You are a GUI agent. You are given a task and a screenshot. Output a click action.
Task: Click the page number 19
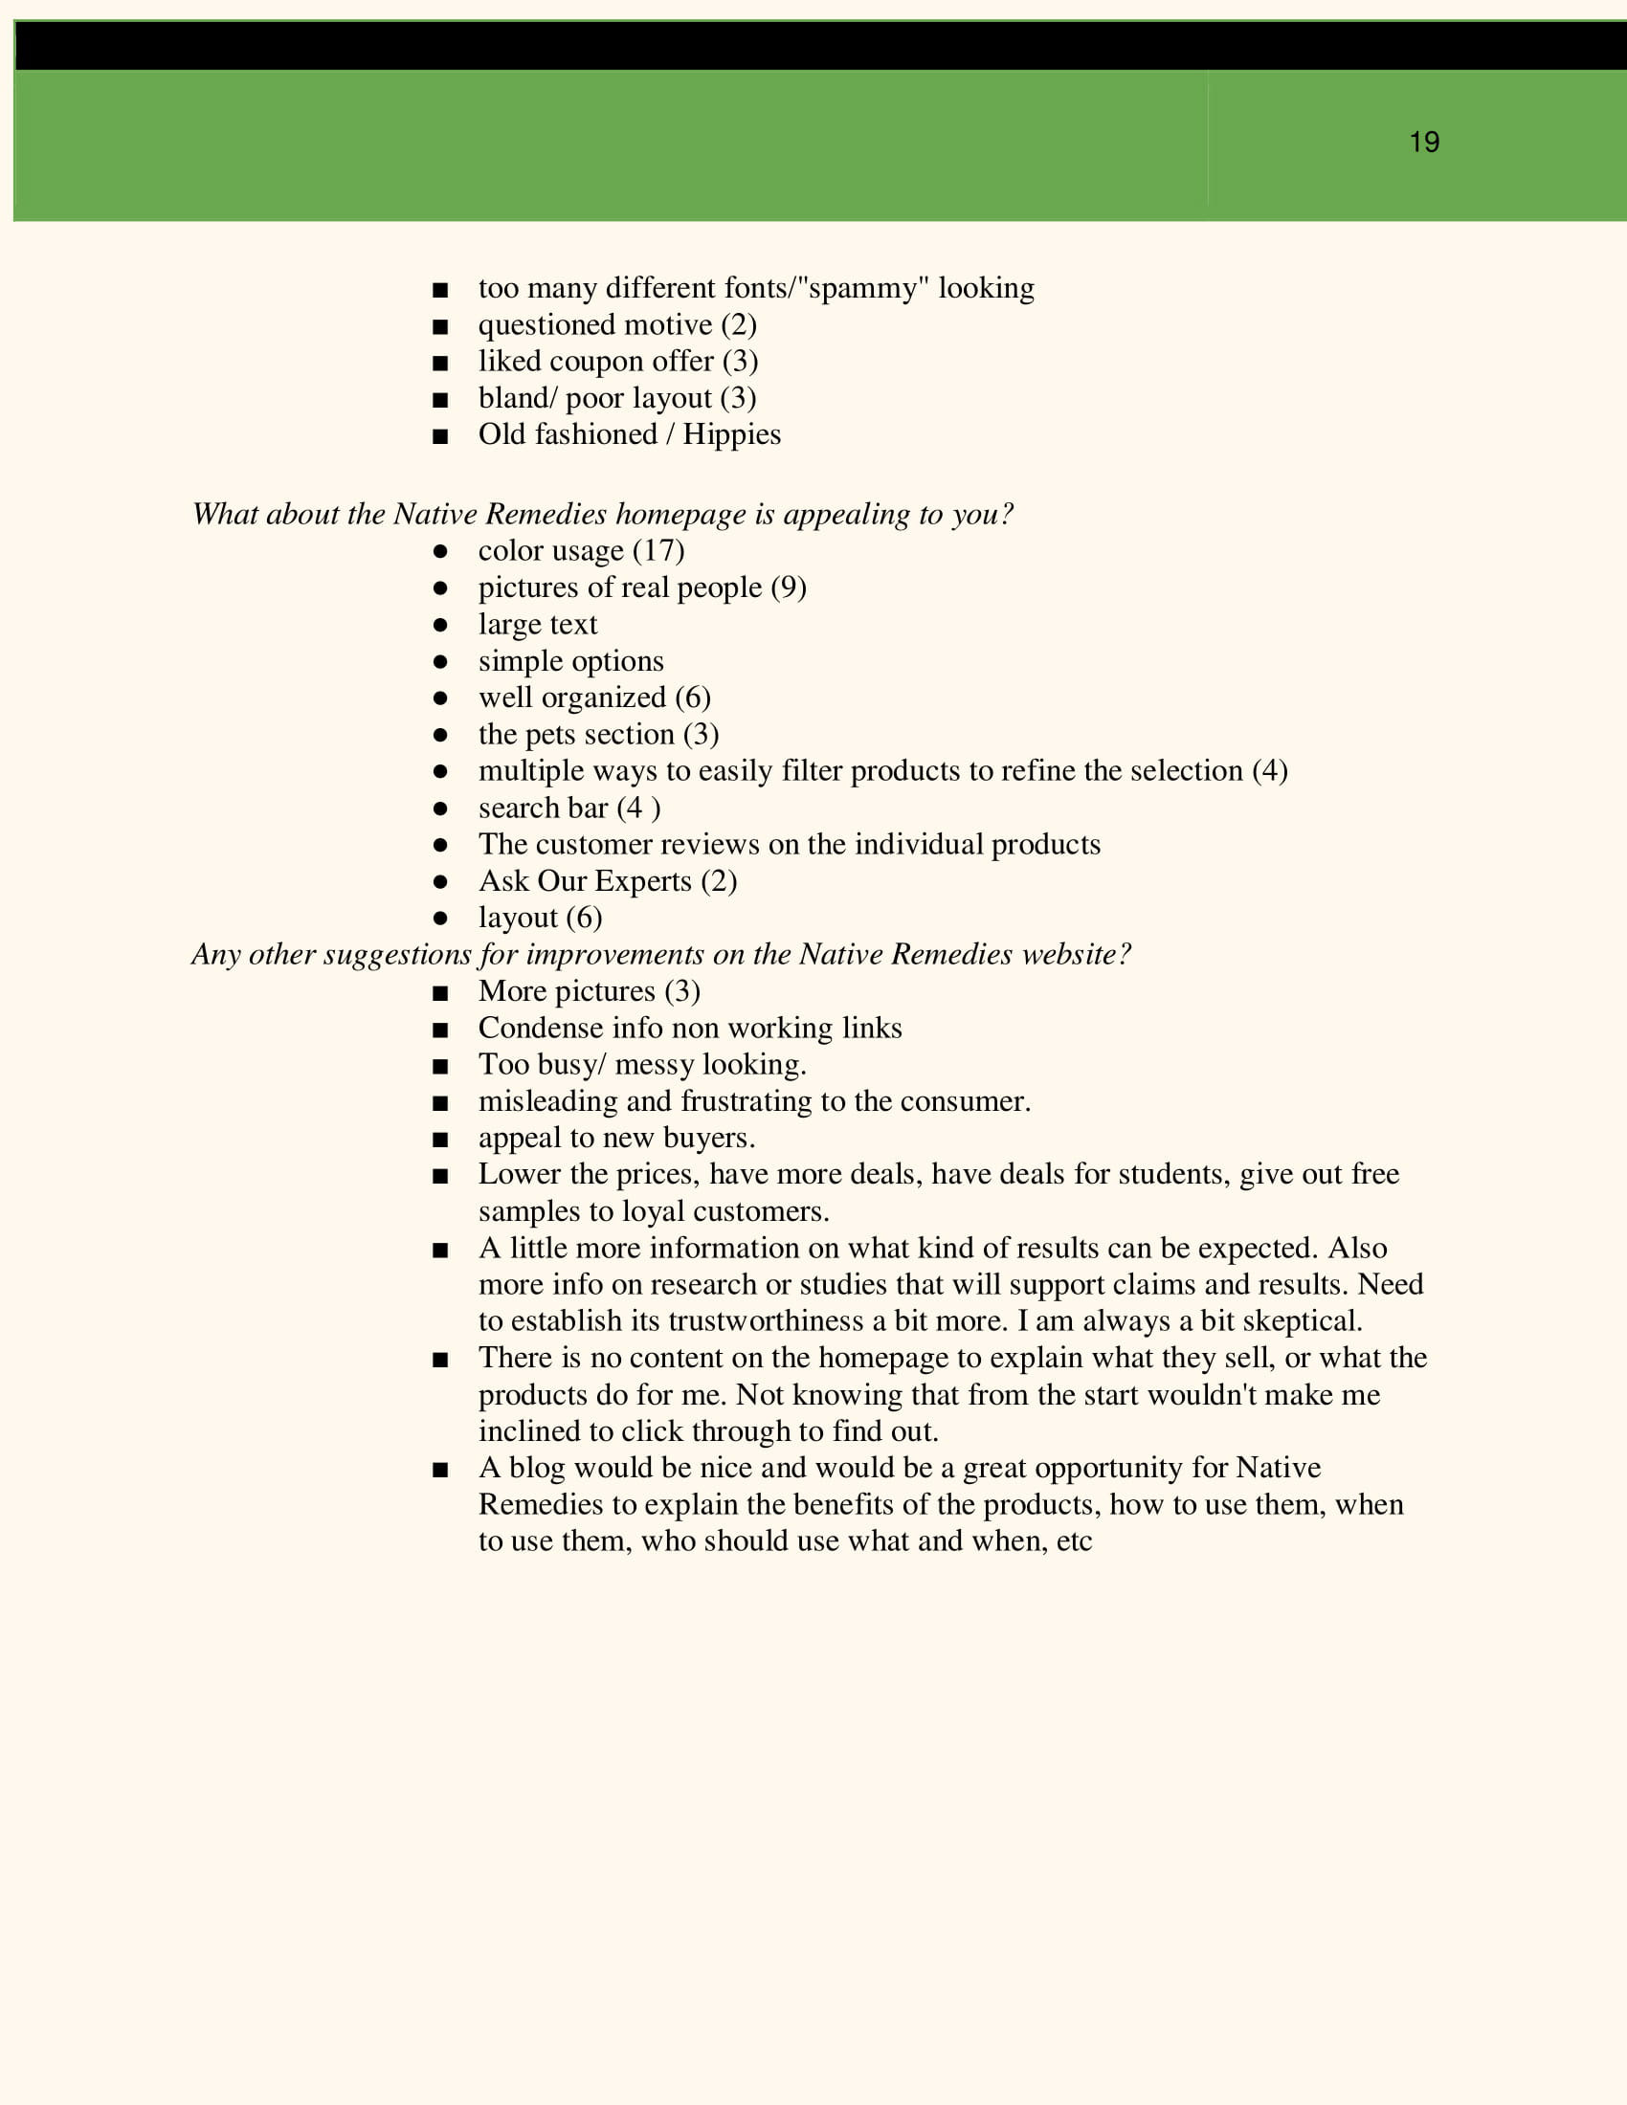point(1424,143)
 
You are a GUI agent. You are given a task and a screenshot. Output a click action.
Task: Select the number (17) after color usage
point(658,550)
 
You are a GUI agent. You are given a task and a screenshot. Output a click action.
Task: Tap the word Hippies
point(731,434)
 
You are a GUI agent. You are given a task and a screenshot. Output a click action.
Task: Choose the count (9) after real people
point(789,587)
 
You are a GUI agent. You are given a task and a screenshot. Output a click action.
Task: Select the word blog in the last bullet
point(536,1468)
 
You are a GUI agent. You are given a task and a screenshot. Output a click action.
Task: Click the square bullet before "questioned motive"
point(440,325)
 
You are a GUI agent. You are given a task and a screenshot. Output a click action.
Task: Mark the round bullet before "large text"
point(440,625)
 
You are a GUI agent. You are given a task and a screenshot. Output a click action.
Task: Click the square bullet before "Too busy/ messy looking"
point(440,1066)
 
